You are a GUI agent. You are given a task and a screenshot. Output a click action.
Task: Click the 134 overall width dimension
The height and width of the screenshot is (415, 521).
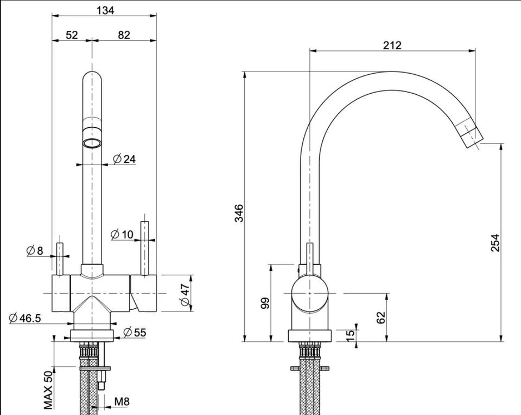pyautogui.click(x=105, y=10)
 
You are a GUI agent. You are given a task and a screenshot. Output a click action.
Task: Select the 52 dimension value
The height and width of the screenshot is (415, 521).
pyautogui.click(x=72, y=35)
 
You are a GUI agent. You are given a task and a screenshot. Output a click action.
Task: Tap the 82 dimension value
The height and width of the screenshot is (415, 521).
pyautogui.click(x=124, y=35)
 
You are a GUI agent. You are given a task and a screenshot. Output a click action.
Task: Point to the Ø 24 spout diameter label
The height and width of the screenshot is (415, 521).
pyautogui.click(x=124, y=159)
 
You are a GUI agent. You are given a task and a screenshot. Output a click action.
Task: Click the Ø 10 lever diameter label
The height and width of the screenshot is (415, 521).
pyautogui.click(x=122, y=235)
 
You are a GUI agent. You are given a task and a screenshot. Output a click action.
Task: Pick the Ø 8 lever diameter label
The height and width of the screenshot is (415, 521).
pyautogui.click(x=35, y=250)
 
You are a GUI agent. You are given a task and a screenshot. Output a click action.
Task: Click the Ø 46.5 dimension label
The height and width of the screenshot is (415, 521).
pyautogui.click(x=26, y=318)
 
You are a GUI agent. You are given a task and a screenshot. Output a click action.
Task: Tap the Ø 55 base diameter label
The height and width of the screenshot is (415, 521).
pyautogui.click(x=135, y=332)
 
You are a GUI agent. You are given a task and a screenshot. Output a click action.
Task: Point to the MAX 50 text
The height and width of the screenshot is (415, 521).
pyautogui.click(x=48, y=390)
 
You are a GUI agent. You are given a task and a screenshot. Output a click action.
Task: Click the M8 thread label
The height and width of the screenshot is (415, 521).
pyautogui.click(x=122, y=402)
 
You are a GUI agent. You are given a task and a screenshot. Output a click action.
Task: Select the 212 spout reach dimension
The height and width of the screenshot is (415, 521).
pyautogui.click(x=392, y=45)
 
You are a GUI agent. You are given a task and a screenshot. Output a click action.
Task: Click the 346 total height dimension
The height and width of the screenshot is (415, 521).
pyautogui.click(x=239, y=213)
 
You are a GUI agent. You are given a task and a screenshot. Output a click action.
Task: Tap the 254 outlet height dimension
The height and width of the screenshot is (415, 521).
pyautogui.click(x=495, y=243)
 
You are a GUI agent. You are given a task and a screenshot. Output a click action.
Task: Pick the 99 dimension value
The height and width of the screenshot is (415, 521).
pyautogui.click(x=265, y=303)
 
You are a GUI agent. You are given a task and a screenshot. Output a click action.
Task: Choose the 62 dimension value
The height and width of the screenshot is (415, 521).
pyautogui.click(x=381, y=317)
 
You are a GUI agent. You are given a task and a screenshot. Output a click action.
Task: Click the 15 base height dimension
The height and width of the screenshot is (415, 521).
pyautogui.click(x=350, y=336)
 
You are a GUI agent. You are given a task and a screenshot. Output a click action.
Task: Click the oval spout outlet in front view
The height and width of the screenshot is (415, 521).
pyautogui.click(x=92, y=143)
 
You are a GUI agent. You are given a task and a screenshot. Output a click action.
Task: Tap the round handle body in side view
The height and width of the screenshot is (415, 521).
pyautogui.click(x=310, y=294)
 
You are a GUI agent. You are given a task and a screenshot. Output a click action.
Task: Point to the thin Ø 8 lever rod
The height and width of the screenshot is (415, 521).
pyautogui.click(x=60, y=259)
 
